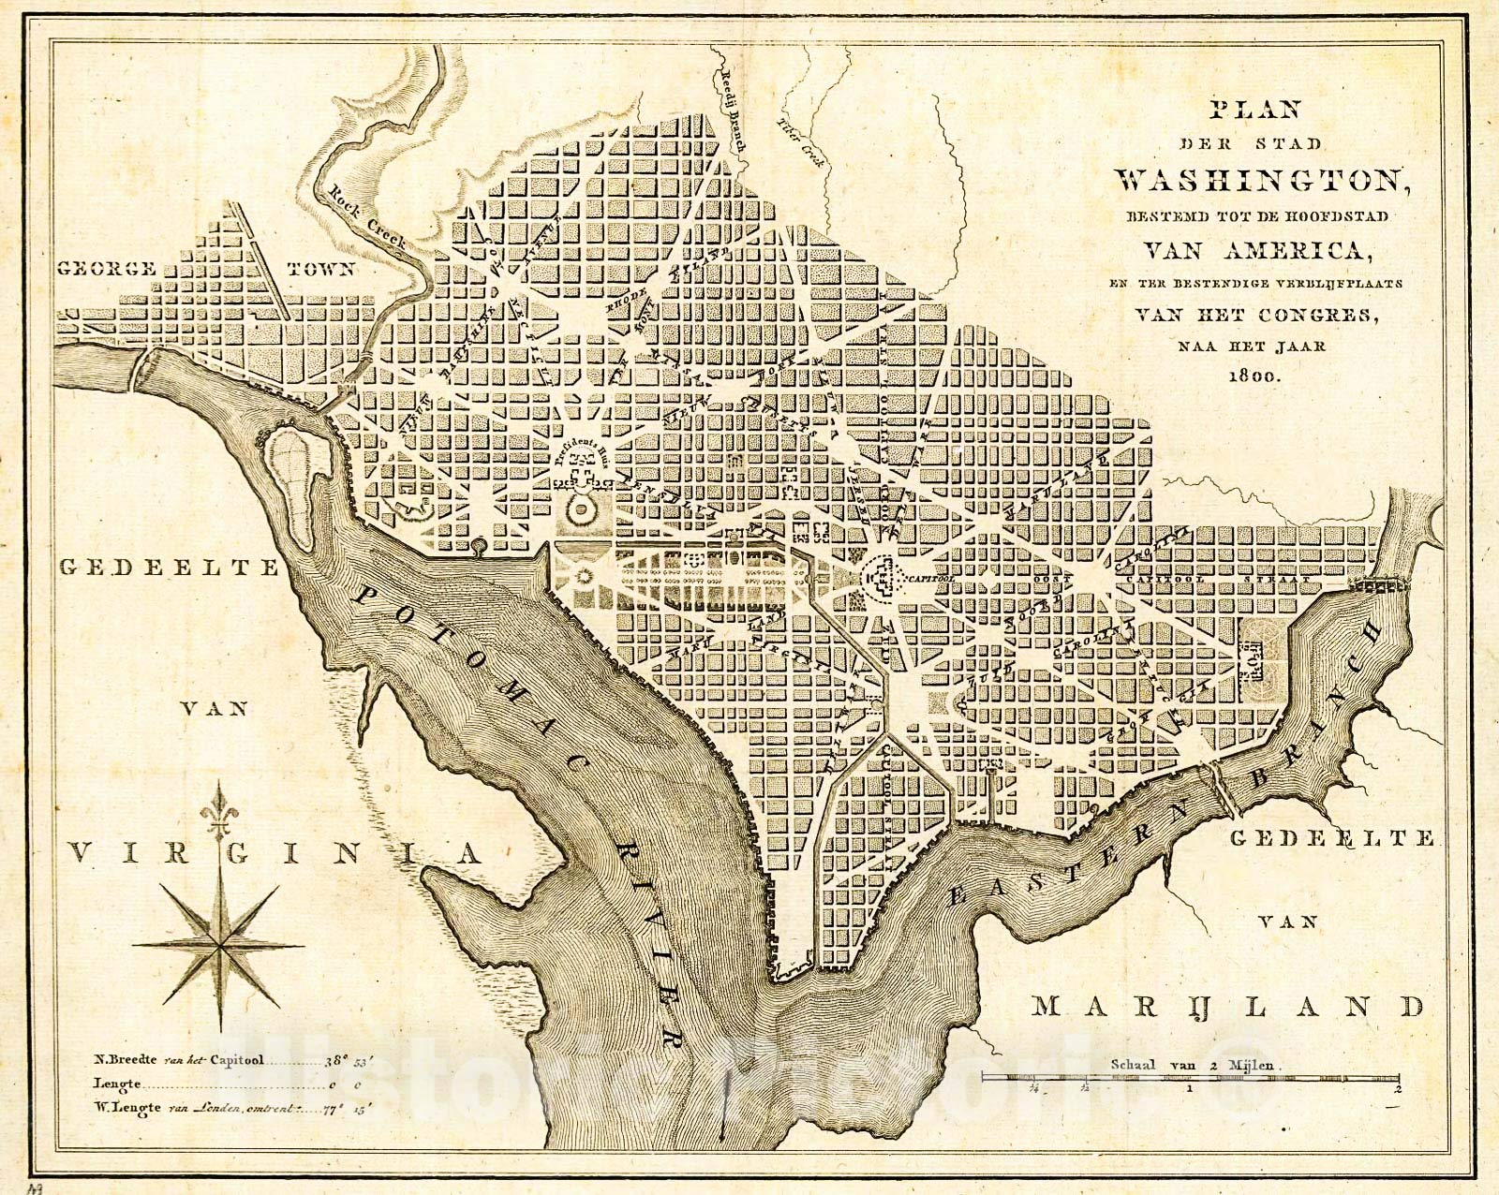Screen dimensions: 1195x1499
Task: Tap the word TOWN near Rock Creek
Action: click(x=320, y=269)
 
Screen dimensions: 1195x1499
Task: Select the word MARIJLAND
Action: click(x=1228, y=1007)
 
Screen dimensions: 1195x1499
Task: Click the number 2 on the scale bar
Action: click(x=1396, y=1089)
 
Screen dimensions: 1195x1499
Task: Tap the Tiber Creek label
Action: click(x=804, y=143)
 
